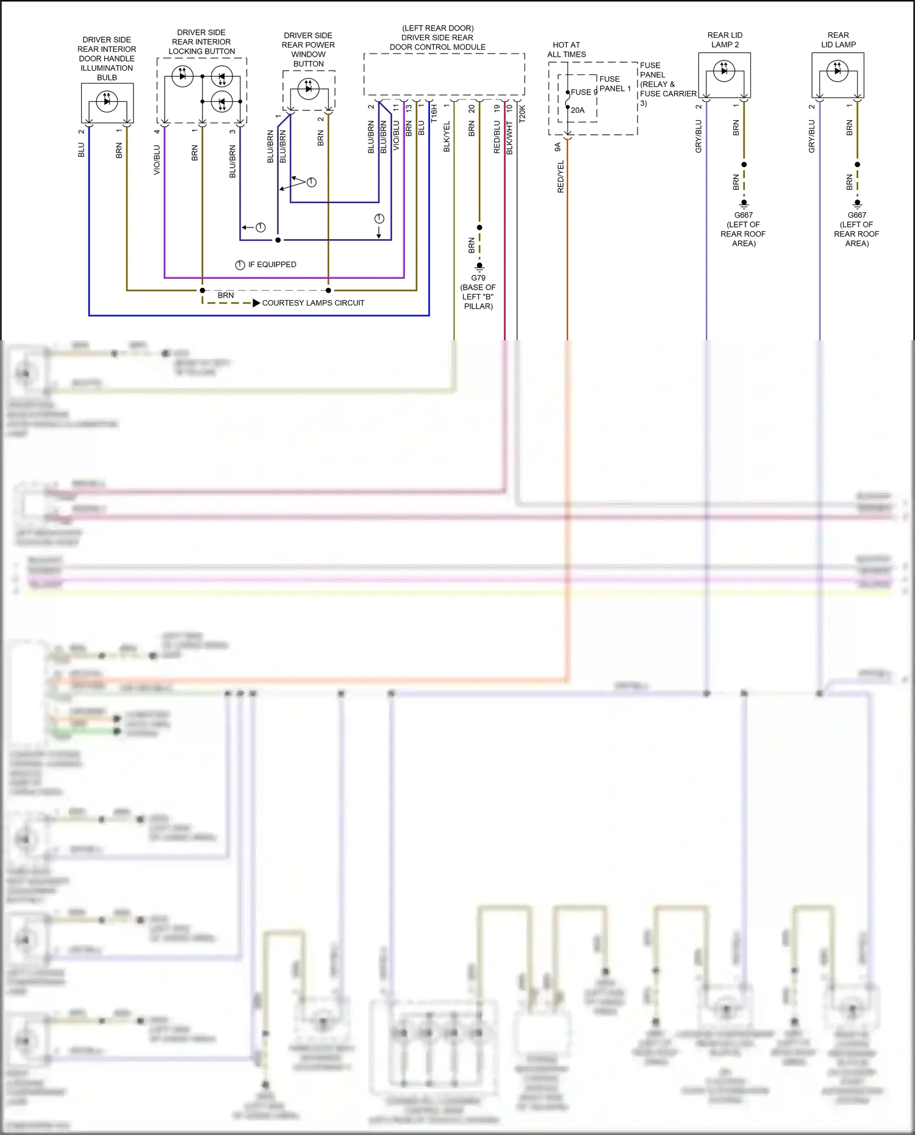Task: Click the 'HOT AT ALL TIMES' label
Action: tap(566, 49)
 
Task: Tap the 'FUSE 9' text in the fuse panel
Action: tap(584, 92)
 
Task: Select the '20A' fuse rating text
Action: tap(578, 110)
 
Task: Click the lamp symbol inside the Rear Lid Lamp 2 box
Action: tap(724, 71)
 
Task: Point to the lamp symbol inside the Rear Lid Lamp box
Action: tap(838, 71)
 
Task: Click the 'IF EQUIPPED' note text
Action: tap(271, 265)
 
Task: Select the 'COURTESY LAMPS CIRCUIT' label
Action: tap(313, 303)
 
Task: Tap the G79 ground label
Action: tap(478, 278)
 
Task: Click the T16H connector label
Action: tap(434, 113)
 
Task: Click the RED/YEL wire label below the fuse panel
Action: tap(561, 177)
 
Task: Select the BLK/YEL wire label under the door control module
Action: tap(447, 137)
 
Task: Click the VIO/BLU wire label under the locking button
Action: tap(157, 160)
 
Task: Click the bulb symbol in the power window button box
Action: tap(308, 88)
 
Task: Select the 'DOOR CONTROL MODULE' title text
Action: tap(437, 47)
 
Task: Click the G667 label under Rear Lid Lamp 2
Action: tap(743, 215)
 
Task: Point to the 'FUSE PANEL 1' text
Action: tap(615, 84)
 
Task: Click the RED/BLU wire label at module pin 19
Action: tap(497, 137)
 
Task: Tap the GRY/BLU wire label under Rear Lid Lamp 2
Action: tap(698, 137)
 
